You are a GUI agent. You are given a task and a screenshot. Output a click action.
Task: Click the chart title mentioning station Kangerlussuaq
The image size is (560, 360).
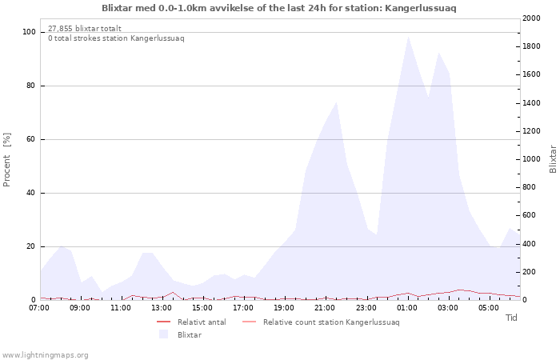(x=279, y=8)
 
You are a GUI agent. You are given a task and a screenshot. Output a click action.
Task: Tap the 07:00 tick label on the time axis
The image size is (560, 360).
(x=39, y=308)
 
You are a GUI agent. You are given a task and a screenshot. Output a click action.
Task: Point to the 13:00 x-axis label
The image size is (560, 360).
(x=162, y=308)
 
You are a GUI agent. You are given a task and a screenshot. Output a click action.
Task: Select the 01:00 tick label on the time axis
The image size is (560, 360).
(x=406, y=308)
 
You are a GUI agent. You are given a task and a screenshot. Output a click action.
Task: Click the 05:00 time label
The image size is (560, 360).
(x=489, y=308)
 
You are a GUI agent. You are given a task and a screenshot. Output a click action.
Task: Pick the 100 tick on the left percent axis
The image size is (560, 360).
(x=29, y=32)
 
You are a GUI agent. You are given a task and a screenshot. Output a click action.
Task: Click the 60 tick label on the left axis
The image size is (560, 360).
(x=30, y=139)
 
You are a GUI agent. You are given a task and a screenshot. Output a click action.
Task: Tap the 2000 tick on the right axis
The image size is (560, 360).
(x=531, y=18)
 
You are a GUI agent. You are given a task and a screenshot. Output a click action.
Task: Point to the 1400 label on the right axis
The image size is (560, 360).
(x=531, y=103)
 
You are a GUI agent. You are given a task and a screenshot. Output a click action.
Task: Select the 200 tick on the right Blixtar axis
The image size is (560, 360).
(x=529, y=272)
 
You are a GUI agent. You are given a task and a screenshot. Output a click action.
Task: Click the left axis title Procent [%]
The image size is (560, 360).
(x=6, y=160)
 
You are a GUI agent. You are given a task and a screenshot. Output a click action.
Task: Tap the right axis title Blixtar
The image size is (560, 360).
(x=553, y=159)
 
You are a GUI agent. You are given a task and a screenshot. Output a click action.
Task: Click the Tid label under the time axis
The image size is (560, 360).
(x=511, y=318)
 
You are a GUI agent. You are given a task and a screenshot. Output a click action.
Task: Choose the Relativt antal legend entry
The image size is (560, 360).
(x=191, y=322)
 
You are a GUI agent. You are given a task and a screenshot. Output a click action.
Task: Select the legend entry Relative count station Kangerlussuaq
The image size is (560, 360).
(x=321, y=322)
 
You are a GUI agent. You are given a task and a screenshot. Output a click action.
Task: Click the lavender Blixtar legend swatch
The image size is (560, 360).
(x=163, y=334)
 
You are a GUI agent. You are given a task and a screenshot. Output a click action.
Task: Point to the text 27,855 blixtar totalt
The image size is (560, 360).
(x=85, y=29)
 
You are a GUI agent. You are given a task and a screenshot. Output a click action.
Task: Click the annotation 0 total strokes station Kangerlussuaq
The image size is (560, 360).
(x=116, y=38)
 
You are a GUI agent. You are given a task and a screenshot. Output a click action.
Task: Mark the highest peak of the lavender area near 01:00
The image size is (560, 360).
(x=407, y=36)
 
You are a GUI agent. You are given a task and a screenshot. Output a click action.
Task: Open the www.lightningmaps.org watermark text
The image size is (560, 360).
(x=45, y=355)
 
